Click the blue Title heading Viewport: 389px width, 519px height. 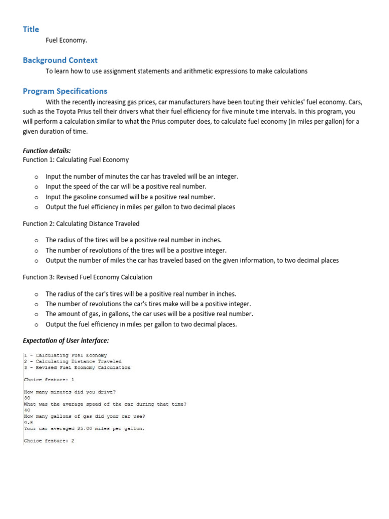(x=31, y=29)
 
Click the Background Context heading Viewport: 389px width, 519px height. (x=60, y=60)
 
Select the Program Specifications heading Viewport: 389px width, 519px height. (x=65, y=91)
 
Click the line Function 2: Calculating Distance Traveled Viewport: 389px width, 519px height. (x=81, y=224)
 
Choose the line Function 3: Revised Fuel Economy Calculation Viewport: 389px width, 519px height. (x=88, y=277)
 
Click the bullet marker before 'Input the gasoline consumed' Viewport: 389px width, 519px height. (x=36, y=197)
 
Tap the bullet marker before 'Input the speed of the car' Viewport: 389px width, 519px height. (x=36, y=187)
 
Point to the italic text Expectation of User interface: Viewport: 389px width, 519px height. (x=66, y=340)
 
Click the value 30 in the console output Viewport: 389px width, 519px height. (x=27, y=398)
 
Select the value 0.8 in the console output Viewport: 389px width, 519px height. (x=28, y=422)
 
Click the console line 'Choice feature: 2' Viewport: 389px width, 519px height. (x=49, y=441)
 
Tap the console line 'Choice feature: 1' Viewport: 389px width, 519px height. (x=49, y=380)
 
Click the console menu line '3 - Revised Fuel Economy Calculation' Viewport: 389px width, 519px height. (x=77, y=367)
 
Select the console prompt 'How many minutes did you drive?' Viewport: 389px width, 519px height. (x=70, y=392)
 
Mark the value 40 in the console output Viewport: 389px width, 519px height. (x=27, y=411)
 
